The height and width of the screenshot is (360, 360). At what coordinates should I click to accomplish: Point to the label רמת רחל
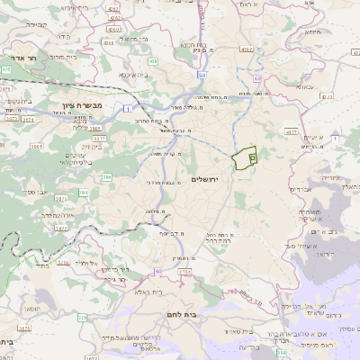(x=217, y=241)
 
